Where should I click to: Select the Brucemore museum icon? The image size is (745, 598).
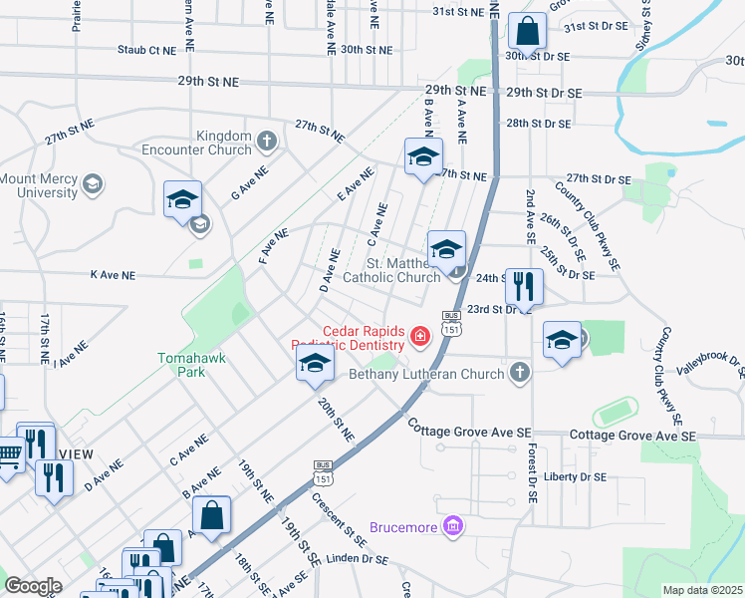tap(453, 525)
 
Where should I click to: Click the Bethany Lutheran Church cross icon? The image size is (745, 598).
tap(518, 374)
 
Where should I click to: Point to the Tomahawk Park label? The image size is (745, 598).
tap(180, 364)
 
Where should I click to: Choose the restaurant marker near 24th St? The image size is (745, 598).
tap(522, 287)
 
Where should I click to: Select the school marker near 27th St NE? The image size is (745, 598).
tap(423, 157)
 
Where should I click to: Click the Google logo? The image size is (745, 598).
tap(33, 586)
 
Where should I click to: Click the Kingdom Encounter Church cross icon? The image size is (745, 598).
tap(266, 141)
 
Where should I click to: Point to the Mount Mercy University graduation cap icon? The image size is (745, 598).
tap(93, 184)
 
